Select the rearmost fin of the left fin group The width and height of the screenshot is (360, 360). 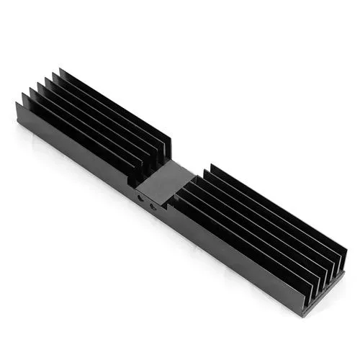tap(115, 108)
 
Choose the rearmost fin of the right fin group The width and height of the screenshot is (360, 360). tap(277, 209)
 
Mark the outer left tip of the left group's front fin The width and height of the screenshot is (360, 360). tap(17, 106)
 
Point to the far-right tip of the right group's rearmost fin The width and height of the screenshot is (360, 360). tap(346, 251)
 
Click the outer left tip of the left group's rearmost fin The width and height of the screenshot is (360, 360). tap(60, 71)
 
